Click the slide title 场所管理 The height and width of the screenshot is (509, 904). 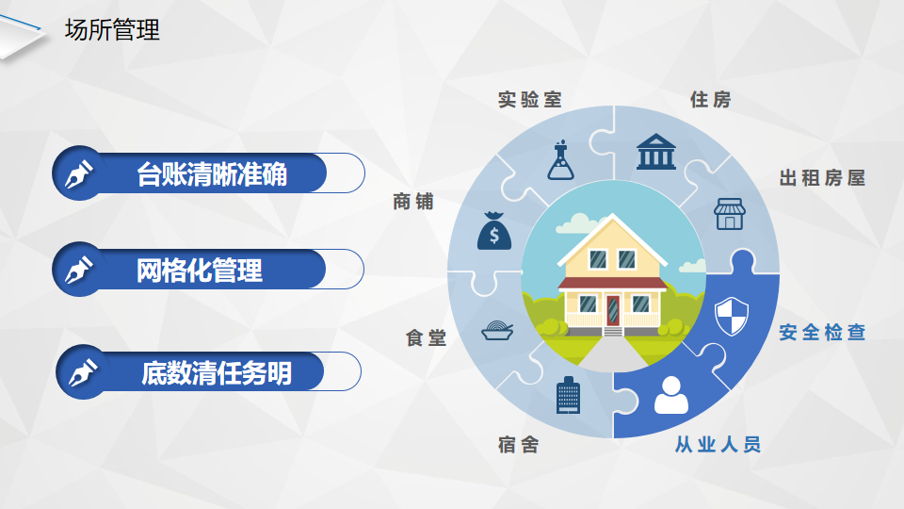point(112,30)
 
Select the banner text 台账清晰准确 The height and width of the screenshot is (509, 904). point(212,174)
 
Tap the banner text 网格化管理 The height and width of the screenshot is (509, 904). point(200,271)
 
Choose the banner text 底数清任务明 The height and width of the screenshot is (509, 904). point(217,373)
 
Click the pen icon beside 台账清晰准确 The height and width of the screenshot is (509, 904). point(79,173)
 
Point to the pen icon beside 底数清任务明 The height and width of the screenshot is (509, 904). point(83,372)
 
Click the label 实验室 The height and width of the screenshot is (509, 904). point(530,99)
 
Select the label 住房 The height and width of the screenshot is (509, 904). point(711,99)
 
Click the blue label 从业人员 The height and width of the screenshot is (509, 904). point(718,444)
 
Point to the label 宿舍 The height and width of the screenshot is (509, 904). point(518,444)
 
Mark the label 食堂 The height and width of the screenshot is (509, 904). point(426,337)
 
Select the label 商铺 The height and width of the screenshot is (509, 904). point(413,202)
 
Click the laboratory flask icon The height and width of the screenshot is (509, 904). point(561,160)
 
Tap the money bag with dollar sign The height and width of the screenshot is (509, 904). point(494,231)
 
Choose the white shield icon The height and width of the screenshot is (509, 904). point(732,317)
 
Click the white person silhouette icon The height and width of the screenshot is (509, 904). point(671,395)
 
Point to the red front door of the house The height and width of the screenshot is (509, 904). point(613,310)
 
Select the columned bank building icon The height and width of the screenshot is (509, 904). point(656,152)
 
